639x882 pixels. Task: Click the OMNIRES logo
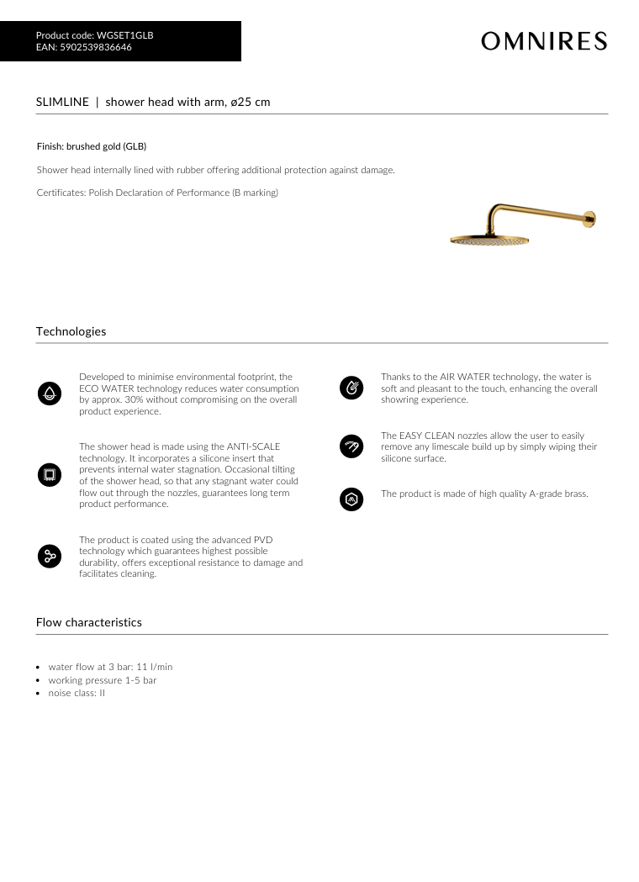[544, 40]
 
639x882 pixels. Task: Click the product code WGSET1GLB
[125, 35]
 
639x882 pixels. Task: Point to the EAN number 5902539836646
[96, 47]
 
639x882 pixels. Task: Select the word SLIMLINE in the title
[62, 102]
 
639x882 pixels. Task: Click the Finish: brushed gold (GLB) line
[92, 146]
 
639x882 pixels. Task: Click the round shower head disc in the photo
[490, 240]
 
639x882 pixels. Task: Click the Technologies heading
[71, 331]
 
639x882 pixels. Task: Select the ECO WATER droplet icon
[49, 393]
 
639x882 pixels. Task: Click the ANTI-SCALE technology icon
[49, 475]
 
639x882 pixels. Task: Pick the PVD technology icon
[49, 556]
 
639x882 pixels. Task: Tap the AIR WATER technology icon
[351, 388]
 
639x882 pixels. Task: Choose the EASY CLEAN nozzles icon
[351, 446]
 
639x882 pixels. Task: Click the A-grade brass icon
[351, 499]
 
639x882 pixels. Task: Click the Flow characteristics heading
[88, 622]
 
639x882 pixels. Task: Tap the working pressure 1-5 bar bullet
[102, 680]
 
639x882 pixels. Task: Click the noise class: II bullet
[77, 693]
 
